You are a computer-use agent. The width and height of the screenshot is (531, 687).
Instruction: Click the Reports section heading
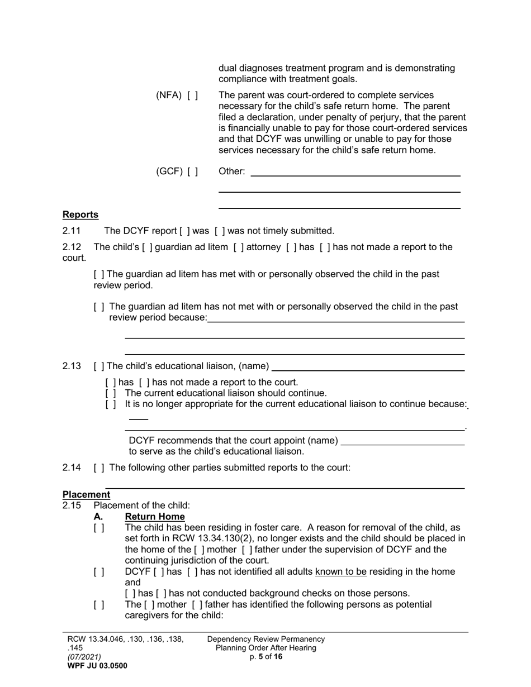pos(80,214)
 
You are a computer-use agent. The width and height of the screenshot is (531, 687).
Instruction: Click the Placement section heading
pos(86,494)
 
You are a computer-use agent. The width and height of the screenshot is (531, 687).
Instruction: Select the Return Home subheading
pos(155,517)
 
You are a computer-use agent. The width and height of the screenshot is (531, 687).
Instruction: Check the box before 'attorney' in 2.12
pos(238,247)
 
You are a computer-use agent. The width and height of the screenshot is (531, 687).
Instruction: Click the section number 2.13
pos(72,366)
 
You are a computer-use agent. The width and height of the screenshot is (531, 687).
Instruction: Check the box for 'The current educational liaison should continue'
pos(111,393)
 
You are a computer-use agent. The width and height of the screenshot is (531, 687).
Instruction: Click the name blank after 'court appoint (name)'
pos(402,441)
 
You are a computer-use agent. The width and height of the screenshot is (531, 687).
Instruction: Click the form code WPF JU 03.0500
pos(97,666)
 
